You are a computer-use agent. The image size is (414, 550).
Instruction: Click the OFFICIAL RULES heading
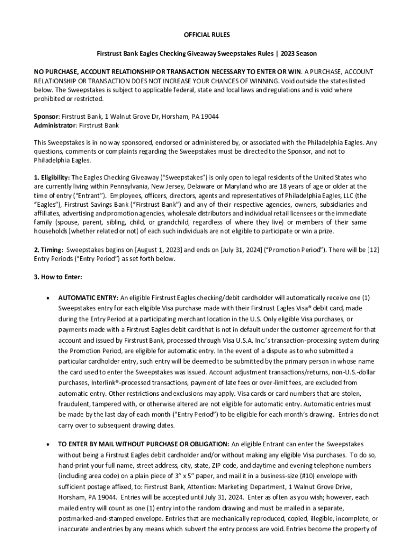(207, 35)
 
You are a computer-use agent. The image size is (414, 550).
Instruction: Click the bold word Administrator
(55, 125)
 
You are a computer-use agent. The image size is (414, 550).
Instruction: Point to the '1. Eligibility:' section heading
(52, 177)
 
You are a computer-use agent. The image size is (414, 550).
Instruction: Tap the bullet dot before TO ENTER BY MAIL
(49, 444)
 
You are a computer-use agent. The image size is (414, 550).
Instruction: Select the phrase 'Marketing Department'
(242, 486)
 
